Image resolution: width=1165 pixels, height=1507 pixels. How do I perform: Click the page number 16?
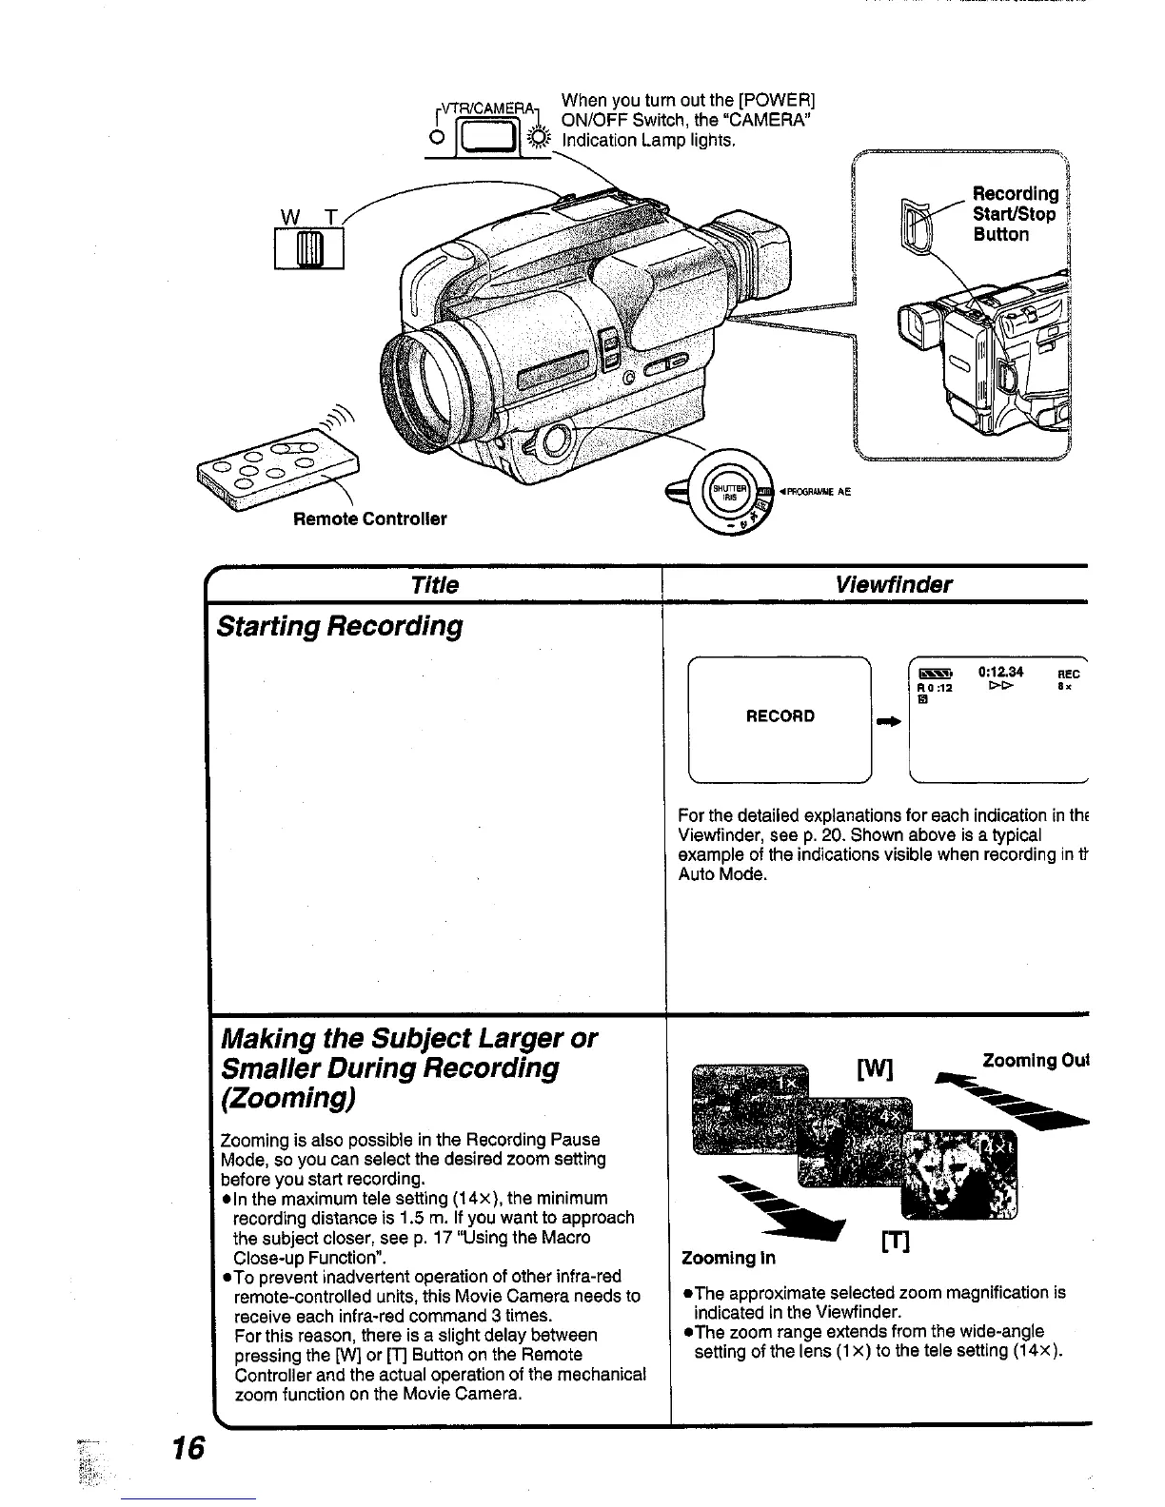click(188, 1447)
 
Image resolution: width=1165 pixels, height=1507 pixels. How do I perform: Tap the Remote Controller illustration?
click(279, 470)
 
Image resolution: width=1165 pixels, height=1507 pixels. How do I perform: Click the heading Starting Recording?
click(340, 626)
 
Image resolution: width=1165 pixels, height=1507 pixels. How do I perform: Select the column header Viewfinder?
click(893, 584)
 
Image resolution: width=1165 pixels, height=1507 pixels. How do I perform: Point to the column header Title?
click(434, 584)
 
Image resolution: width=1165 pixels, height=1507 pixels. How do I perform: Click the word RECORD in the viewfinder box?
click(780, 715)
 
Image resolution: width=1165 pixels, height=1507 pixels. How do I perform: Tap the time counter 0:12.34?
click(1000, 673)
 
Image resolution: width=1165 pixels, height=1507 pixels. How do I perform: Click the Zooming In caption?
click(729, 1258)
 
